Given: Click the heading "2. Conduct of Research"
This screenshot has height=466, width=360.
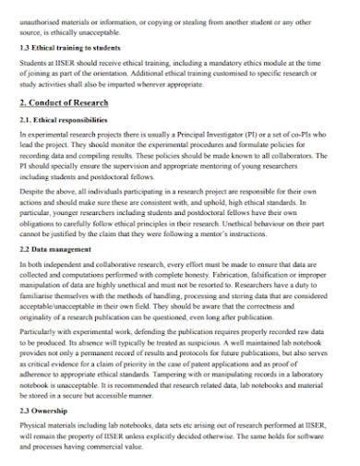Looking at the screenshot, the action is coord(61,104).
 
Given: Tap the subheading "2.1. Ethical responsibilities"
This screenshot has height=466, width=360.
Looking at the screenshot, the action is coord(63,121).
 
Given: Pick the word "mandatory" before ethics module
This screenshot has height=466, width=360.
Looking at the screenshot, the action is coord(217,62).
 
